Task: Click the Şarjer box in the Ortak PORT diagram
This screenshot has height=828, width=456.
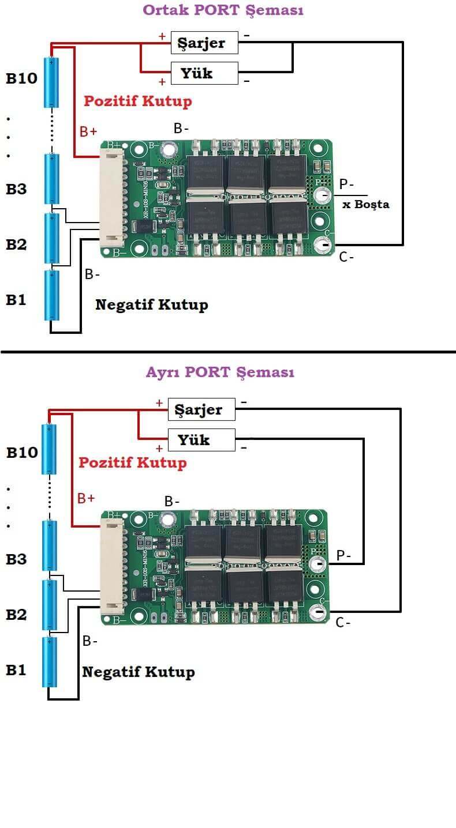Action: (204, 43)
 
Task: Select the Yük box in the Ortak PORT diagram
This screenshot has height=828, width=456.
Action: (204, 73)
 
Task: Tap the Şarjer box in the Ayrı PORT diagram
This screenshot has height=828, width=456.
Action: (201, 409)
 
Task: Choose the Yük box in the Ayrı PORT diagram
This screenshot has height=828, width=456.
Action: (201, 440)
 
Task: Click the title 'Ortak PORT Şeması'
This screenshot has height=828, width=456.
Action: (223, 10)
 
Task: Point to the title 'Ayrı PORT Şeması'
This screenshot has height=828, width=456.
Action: (220, 372)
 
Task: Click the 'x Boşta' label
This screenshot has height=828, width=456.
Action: (365, 204)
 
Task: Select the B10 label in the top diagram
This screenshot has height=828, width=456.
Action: (21, 78)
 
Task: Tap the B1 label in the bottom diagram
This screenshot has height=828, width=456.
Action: (16, 670)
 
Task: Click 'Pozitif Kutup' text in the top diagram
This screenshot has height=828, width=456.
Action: (138, 101)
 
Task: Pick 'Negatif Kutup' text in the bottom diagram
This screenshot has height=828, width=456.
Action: (139, 672)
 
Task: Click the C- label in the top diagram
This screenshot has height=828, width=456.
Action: (346, 257)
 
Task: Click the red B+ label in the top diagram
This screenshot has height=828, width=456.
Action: (88, 131)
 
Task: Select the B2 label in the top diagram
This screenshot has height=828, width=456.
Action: (16, 244)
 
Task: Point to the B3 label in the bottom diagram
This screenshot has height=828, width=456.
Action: (16, 559)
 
